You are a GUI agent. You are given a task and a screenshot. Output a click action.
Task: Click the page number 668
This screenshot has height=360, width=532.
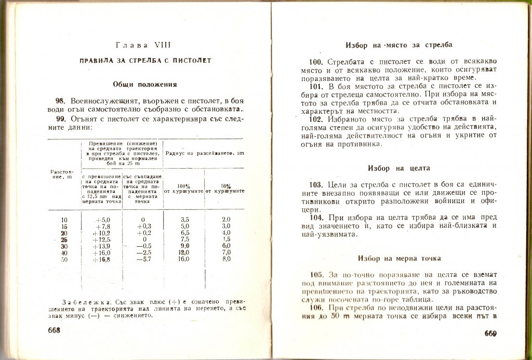[55, 331]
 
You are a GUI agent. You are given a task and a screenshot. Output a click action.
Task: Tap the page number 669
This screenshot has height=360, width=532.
[491, 334]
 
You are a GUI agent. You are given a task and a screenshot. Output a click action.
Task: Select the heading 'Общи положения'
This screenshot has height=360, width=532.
[145, 84]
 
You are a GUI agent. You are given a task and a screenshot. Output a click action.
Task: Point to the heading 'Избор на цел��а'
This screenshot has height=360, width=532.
[398, 168]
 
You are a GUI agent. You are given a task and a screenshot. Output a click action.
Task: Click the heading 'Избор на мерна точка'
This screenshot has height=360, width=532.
[399, 258]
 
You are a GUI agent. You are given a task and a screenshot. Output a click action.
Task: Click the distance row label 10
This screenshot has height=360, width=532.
[64, 220]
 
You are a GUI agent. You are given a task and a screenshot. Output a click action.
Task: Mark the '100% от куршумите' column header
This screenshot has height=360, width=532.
[183, 189]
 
